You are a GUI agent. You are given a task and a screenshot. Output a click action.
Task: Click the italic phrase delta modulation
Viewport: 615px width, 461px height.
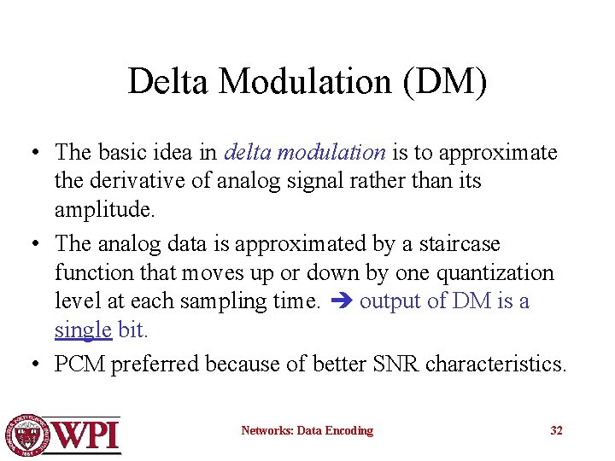(x=305, y=153)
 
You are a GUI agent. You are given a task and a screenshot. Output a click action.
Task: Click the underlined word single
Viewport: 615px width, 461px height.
(x=83, y=330)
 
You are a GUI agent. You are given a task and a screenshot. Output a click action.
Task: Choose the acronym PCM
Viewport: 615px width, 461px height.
(x=79, y=365)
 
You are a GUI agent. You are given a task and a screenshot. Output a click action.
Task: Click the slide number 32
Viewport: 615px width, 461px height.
(x=556, y=431)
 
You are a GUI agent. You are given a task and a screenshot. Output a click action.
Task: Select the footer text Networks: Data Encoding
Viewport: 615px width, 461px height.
(x=307, y=431)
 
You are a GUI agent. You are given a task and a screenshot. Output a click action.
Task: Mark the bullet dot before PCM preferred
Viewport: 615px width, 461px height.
(x=32, y=365)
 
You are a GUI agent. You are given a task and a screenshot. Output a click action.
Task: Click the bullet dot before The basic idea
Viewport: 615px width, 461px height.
(x=32, y=154)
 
